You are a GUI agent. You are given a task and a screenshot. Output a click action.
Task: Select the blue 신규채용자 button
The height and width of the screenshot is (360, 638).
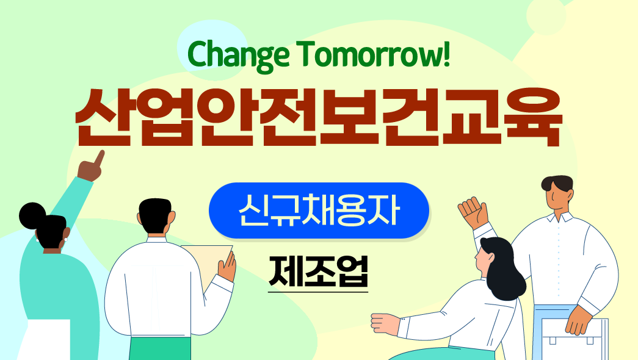click(x=319, y=211)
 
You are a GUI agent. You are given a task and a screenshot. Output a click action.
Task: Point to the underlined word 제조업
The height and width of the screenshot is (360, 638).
click(x=318, y=272)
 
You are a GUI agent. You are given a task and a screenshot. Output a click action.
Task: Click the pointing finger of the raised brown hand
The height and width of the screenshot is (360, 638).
click(x=99, y=158)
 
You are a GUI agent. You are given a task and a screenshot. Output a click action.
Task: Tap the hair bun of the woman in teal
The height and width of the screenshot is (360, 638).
click(x=32, y=215)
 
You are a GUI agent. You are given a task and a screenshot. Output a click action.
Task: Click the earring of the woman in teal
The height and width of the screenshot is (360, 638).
click(x=65, y=240)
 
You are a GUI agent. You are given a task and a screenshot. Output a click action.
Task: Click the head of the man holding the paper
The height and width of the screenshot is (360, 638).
click(x=156, y=217)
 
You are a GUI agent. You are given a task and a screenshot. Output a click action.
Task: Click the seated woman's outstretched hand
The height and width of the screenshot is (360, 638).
click(x=385, y=323)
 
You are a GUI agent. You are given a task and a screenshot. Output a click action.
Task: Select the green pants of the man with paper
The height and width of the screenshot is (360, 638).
click(x=160, y=348)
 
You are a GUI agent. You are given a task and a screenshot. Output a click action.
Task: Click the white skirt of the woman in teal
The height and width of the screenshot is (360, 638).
click(x=44, y=340)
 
